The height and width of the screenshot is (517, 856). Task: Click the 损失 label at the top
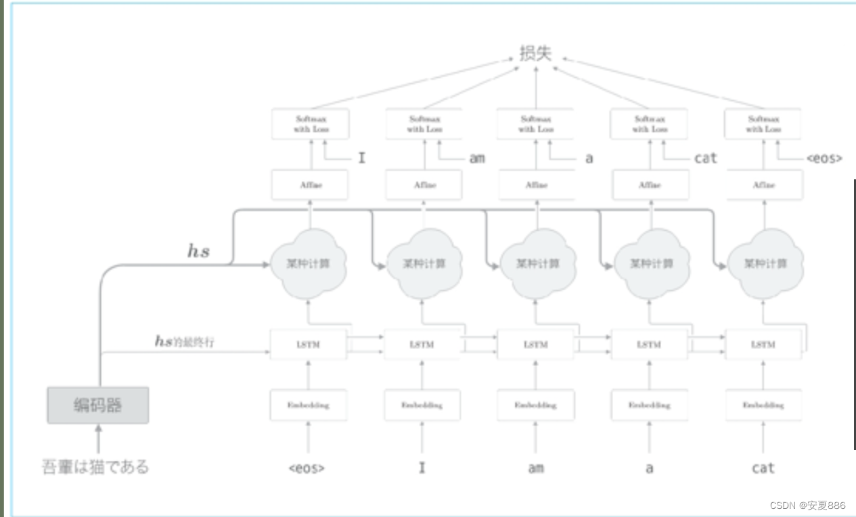click(535, 53)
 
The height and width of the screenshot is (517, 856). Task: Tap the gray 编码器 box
click(98, 405)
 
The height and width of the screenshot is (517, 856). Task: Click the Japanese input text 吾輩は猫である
click(95, 467)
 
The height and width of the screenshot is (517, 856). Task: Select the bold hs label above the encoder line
click(198, 252)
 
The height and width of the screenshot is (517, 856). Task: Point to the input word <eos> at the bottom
click(307, 468)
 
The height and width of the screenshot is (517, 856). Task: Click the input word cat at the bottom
click(763, 468)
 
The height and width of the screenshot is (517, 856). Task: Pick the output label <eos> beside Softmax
click(824, 158)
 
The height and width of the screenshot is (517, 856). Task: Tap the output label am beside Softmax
click(477, 158)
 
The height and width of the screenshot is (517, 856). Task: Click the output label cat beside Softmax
click(705, 158)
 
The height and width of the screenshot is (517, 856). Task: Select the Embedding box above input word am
click(535, 405)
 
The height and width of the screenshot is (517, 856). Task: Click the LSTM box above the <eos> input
click(309, 345)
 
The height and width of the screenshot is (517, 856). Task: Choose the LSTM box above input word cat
click(763, 345)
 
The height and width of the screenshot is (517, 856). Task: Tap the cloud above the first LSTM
click(309, 263)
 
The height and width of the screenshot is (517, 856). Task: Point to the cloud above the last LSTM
click(764, 263)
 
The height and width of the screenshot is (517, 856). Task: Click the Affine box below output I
click(310, 185)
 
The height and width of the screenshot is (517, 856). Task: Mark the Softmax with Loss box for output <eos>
click(763, 124)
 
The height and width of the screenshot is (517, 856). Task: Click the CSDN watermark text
click(807, 505)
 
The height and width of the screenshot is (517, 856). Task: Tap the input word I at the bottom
click(422, 468)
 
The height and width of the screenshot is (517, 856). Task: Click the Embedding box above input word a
click(649, 405)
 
